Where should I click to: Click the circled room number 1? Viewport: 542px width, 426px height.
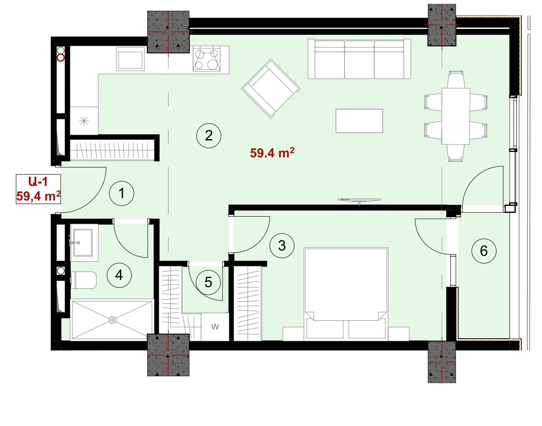pos(121,193)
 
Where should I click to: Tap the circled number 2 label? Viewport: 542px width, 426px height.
pos(209,136)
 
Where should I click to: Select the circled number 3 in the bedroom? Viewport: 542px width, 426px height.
pos(282,245)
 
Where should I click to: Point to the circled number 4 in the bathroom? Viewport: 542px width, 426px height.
pos(119,275)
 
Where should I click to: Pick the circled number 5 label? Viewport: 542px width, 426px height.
pos(208,282)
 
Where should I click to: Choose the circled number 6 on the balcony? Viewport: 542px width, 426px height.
pos(484,251)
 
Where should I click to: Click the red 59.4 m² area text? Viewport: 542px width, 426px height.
pos(272,153)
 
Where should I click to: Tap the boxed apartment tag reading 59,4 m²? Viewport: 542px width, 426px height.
pos(38,189)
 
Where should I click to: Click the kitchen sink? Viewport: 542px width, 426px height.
pos(130,59)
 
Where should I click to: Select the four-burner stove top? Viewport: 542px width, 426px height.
pos(206,59)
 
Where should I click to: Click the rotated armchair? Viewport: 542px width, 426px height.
pos(271,88)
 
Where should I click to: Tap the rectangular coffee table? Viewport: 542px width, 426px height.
pos(359,121)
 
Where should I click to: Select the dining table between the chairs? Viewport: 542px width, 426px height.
pos(456,116)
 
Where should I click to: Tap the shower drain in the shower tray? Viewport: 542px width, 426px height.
pos(112,320)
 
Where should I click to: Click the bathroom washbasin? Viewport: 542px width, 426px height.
pos(83,242)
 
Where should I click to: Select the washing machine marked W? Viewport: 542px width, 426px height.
pos(215,327)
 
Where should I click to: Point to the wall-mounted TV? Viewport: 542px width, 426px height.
pos(359,200)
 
